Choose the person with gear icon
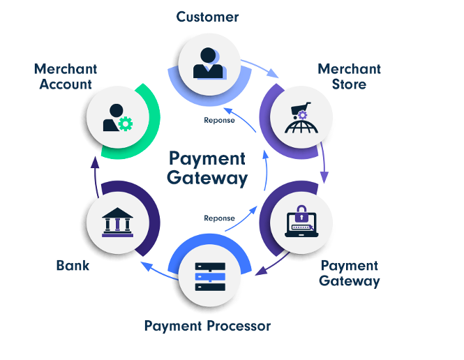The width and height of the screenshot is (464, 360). [x=117, y=119]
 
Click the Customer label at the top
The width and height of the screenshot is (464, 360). [x=207, y=17]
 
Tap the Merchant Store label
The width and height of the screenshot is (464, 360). [x=349, y=77]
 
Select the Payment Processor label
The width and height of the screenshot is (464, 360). [x=207, y=326]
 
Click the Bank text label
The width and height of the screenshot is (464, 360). [x=73, y=266]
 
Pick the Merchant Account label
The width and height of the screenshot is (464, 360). [x=66, y=77]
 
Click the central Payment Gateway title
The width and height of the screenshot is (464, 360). [x=207, y=168]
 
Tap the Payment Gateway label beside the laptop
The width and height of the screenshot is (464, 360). [x=349, y=273]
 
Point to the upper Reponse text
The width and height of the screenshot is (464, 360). [x=219, y=120]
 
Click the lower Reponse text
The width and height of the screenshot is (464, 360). [x=219, y=218]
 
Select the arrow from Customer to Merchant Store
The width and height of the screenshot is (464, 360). [x=260, y=67]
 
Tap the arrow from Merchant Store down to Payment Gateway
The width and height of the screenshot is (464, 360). [x=322, y=161]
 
